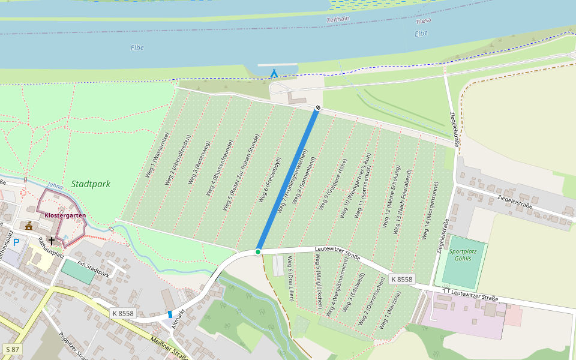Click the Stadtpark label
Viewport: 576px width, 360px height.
click(91, 184)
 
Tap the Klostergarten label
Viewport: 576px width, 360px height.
click(65, 215)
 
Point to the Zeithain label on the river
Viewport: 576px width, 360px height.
click(338, 20)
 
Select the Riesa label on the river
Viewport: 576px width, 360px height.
click(424, 20)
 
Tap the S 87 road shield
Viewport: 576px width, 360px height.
click(12, 349)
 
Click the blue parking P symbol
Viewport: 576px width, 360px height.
click(17, 242)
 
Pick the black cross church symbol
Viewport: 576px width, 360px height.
click(52, 241)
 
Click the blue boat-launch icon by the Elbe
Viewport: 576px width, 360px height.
click(274, 74)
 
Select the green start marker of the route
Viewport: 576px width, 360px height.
click(258, 251)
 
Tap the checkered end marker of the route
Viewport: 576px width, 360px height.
click(318, 108)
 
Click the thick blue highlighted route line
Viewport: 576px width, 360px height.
click(288, 180)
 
